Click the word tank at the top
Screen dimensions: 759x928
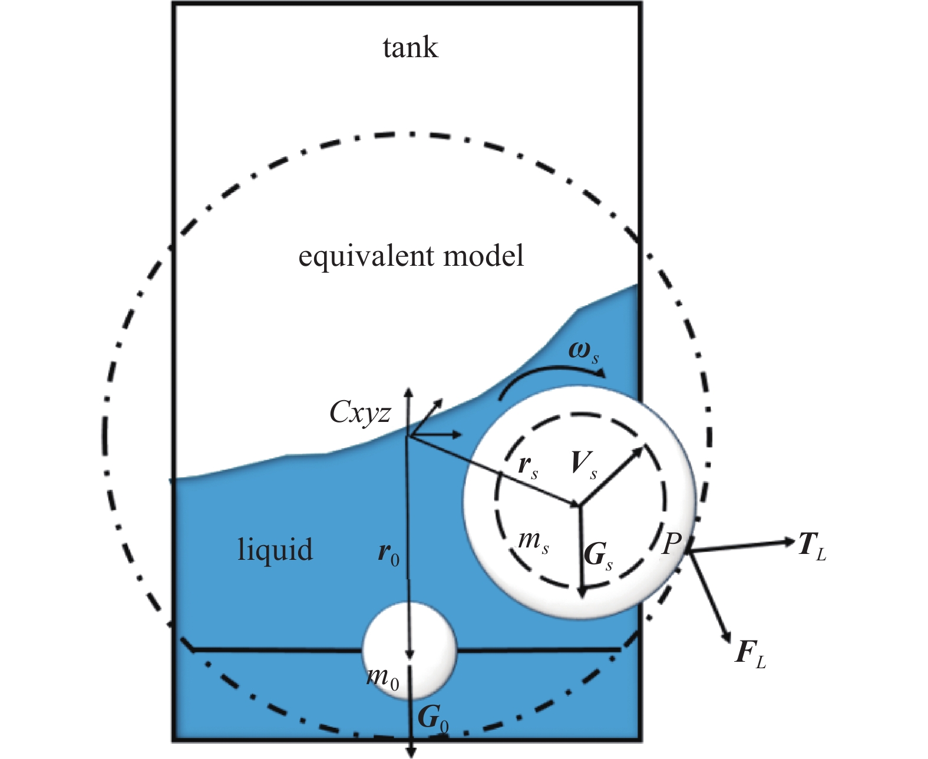coord(410,48)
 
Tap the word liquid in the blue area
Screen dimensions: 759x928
coord(275,549)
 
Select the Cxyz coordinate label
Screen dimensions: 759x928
coord(360,412)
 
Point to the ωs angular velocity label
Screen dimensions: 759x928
coord(583,352)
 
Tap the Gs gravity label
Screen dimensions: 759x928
coord(598,556)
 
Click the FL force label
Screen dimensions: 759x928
coord(750,654)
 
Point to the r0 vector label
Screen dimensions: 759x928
coord(388,553)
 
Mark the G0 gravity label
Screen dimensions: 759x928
coord(432,718)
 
